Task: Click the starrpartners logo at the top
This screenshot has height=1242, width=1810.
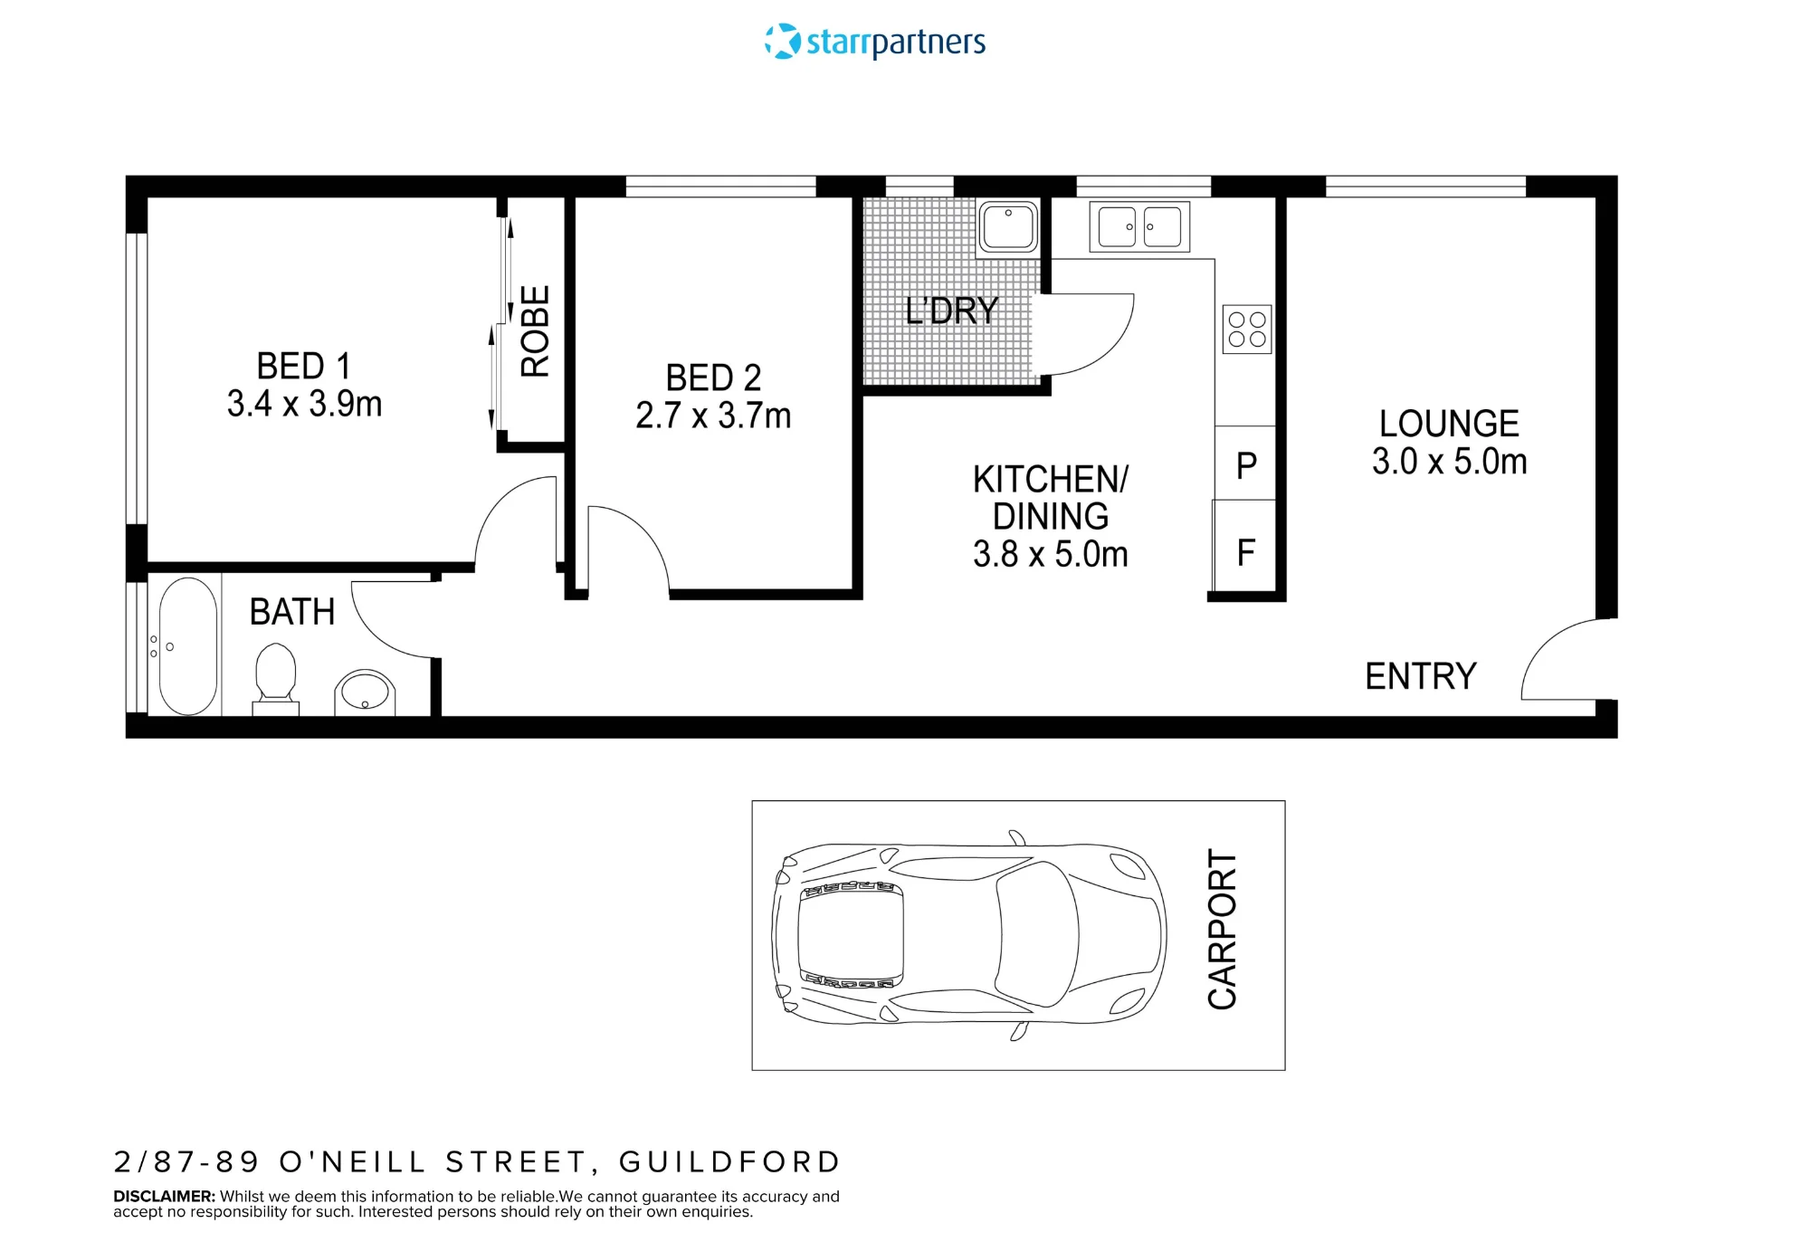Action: point(874,42)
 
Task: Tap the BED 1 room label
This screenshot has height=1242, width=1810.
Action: point(303,367)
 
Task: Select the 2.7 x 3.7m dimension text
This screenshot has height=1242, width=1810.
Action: point(713,416)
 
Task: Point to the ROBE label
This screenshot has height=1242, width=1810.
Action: point(535,330)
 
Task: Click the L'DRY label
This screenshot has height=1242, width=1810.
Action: point(951,310)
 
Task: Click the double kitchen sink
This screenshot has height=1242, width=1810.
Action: point(1139,226)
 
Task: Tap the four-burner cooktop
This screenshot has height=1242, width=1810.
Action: point(1247,329)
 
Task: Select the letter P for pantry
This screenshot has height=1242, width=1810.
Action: point(1246,465)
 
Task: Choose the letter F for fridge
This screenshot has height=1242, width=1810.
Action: point(1246,552)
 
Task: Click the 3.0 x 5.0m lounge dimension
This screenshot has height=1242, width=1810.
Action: point(1449,462)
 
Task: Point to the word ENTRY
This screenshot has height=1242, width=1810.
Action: point(1421,676)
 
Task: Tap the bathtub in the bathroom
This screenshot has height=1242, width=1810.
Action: point(188,646)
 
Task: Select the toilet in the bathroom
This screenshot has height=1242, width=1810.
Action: point(276,677)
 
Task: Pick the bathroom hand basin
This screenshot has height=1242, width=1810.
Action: point(366,693)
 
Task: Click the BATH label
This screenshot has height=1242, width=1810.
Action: point(292,612)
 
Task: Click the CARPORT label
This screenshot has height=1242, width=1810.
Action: point(1222,930)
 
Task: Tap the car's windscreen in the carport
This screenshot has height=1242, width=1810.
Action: point(1037,934)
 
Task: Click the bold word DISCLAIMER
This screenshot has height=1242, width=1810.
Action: point(164,1197)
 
